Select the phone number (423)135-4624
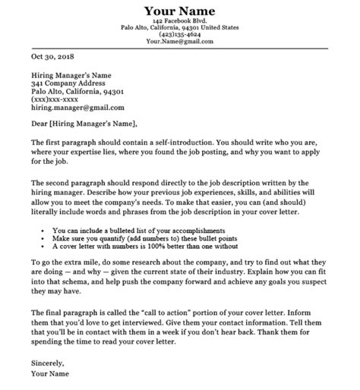pyautogui.click(x=180, y=35)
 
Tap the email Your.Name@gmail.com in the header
pyautogui.click(x=180, y=42)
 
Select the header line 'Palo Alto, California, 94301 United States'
pyautogui.click(x=180, y=28)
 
